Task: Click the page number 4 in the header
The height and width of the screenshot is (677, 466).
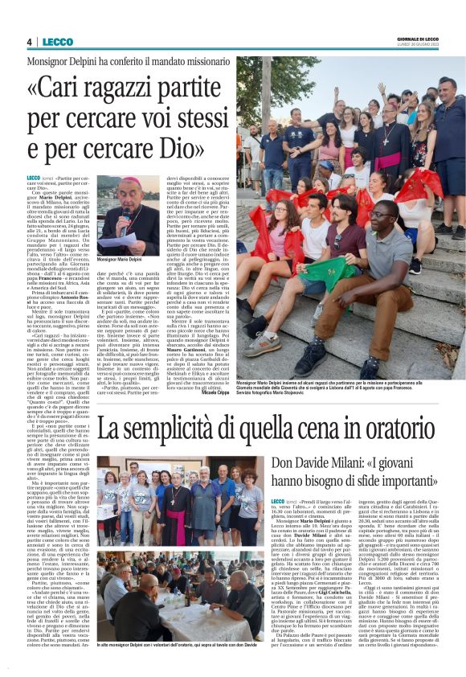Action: pyautogui.click(x=29, y=42)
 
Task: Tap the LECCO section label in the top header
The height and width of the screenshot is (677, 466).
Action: pyautogui.click(x=58, y=42)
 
